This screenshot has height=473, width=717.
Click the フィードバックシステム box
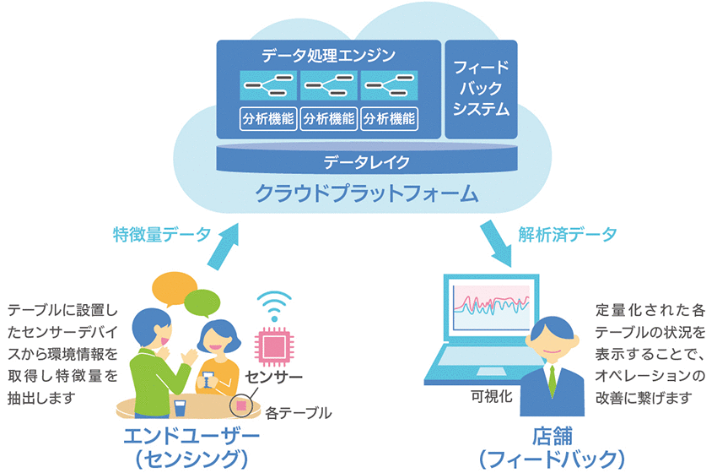point(480,89)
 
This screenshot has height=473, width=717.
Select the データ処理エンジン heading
point(329,57)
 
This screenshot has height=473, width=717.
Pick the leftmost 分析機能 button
point(267,119)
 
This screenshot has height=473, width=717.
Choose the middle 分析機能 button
point(328,119)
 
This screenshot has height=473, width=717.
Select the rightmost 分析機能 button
point(389,119)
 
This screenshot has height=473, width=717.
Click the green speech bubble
point(202,302)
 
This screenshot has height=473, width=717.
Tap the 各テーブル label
point(298,413)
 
